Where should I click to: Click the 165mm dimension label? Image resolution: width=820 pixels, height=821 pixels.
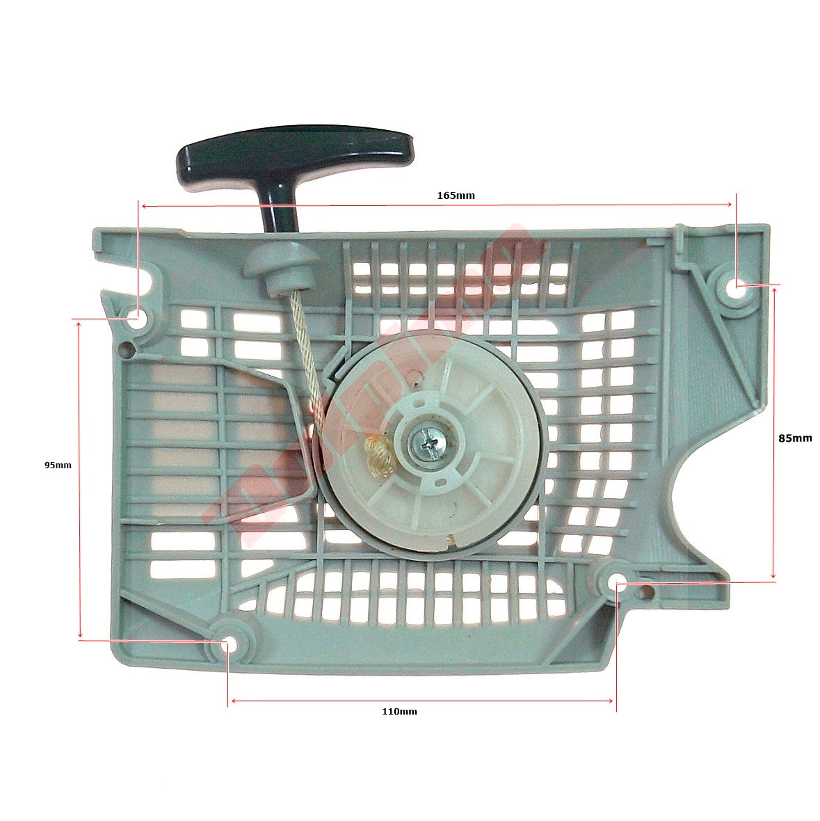(x=456, y=196)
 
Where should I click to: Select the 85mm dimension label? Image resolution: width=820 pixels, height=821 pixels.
(x=794, y=438)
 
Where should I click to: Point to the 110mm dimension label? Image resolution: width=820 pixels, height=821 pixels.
(x=399, y=711)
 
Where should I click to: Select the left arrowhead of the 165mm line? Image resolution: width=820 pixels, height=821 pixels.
(x=143, y=206)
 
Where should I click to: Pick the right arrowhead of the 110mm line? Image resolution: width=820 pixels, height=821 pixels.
(x=611, y=701)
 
